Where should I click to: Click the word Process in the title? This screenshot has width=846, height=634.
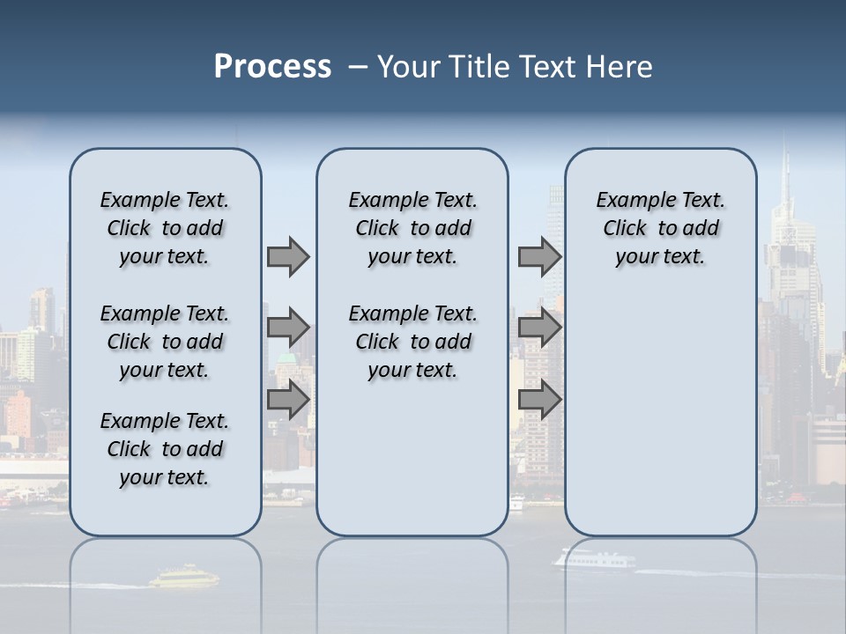(x=272, y=67)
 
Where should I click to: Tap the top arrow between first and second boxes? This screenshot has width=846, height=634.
(x=288, y=257)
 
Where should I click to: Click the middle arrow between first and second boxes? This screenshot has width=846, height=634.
(x=288, y=328)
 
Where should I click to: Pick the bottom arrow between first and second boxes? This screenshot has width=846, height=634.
(x=288, y=400)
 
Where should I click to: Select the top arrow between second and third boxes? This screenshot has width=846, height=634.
(x=539, y=257)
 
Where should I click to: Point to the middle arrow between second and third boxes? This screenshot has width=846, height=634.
(x=539, y=328)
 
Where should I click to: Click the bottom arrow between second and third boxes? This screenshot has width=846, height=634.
(x=539, y=400)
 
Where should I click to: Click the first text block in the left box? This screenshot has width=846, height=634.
(x=165, y=228)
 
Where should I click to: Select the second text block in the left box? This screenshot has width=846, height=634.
(x=165, y=342)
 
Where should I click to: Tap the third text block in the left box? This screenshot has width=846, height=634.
(x=165, y=449)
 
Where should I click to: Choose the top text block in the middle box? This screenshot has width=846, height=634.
(x=412, y=228)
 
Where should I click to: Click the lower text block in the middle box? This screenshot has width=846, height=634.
(x=412, y=342)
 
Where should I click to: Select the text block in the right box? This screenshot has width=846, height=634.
(x=660, y=228)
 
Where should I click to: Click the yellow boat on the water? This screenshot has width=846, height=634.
(x=183, y=578)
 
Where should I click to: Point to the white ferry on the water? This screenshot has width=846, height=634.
(x=592, y=558)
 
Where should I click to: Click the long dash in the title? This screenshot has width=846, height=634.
(x=357, y=67)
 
